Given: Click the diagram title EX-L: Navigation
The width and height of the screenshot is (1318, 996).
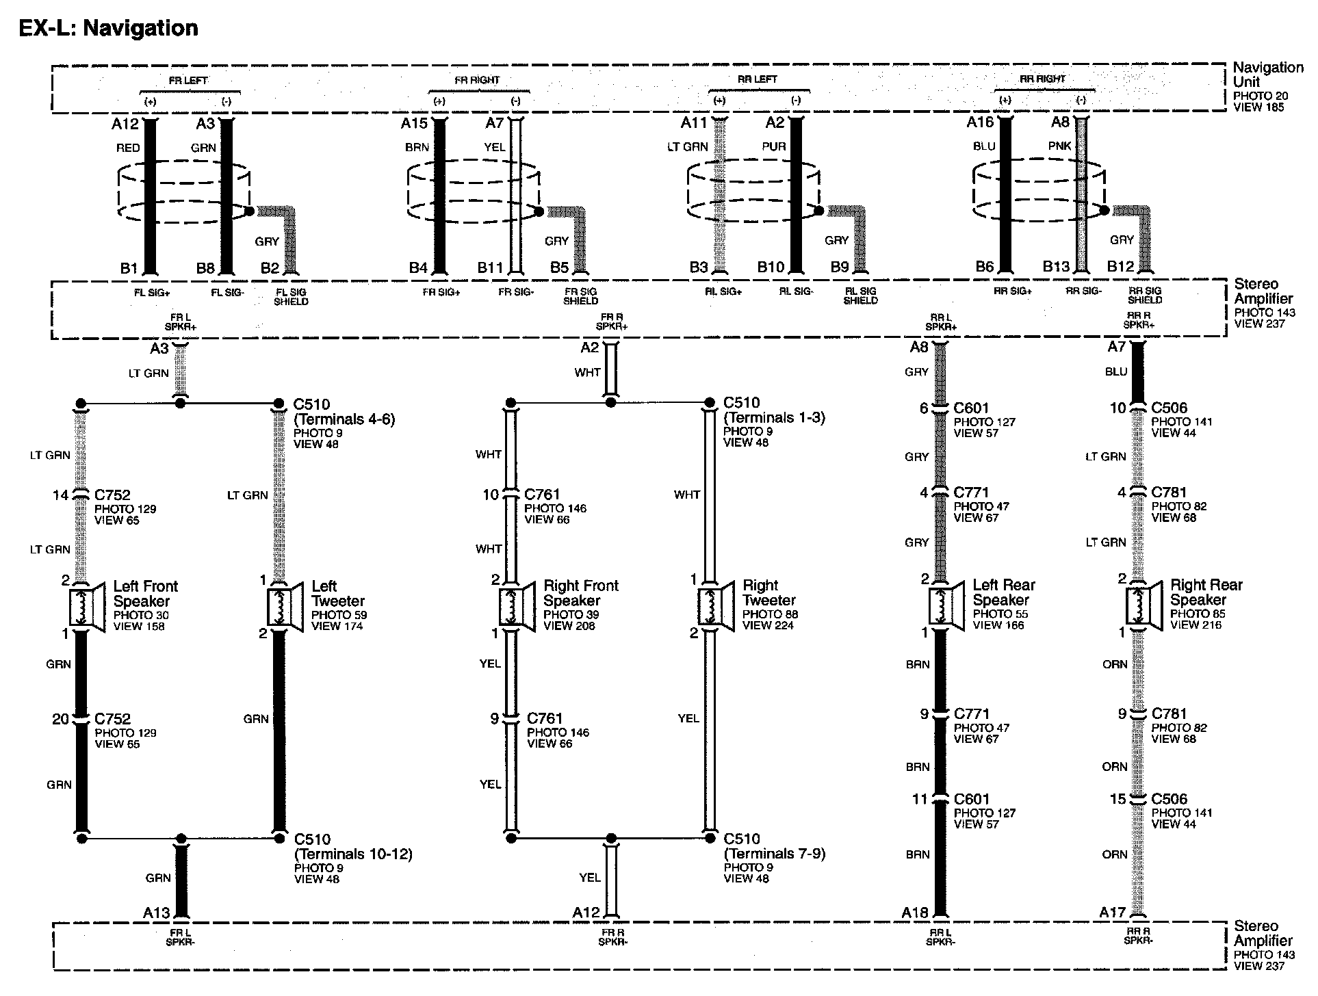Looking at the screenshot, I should [108, 28].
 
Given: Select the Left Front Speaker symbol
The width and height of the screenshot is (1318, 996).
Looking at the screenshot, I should [86, 606].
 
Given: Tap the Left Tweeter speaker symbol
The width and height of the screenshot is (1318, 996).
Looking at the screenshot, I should [285, 606].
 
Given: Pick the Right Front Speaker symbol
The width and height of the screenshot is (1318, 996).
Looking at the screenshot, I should [517, 605].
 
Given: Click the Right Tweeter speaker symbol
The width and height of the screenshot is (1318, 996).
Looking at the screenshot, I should [715, 605].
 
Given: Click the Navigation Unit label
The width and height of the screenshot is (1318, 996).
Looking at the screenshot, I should [1267, 74].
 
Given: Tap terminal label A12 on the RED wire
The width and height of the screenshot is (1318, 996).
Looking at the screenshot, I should [125, 124].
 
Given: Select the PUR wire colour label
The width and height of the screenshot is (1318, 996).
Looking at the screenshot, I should [774, 146].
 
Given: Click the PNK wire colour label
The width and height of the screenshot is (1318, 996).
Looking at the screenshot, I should [1059, 146].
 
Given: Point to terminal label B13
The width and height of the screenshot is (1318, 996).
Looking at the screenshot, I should [1055, 267].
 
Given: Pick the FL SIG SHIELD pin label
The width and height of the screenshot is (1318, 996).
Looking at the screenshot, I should [291, 297].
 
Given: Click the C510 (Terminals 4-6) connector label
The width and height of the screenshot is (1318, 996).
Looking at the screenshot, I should [344, 411].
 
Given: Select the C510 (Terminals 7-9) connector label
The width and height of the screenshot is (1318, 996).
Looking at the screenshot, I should [774, 846].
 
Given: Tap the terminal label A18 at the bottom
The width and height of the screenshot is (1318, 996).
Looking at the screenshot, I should [915, 913].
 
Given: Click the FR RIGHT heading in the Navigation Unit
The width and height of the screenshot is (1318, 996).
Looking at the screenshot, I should [477, 80].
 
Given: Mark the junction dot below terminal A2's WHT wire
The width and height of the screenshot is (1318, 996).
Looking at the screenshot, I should [610, 403].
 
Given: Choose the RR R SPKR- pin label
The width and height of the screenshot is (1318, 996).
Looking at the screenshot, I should [1138, 936].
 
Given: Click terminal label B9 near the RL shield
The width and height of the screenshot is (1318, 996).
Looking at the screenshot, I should [840, 267].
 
